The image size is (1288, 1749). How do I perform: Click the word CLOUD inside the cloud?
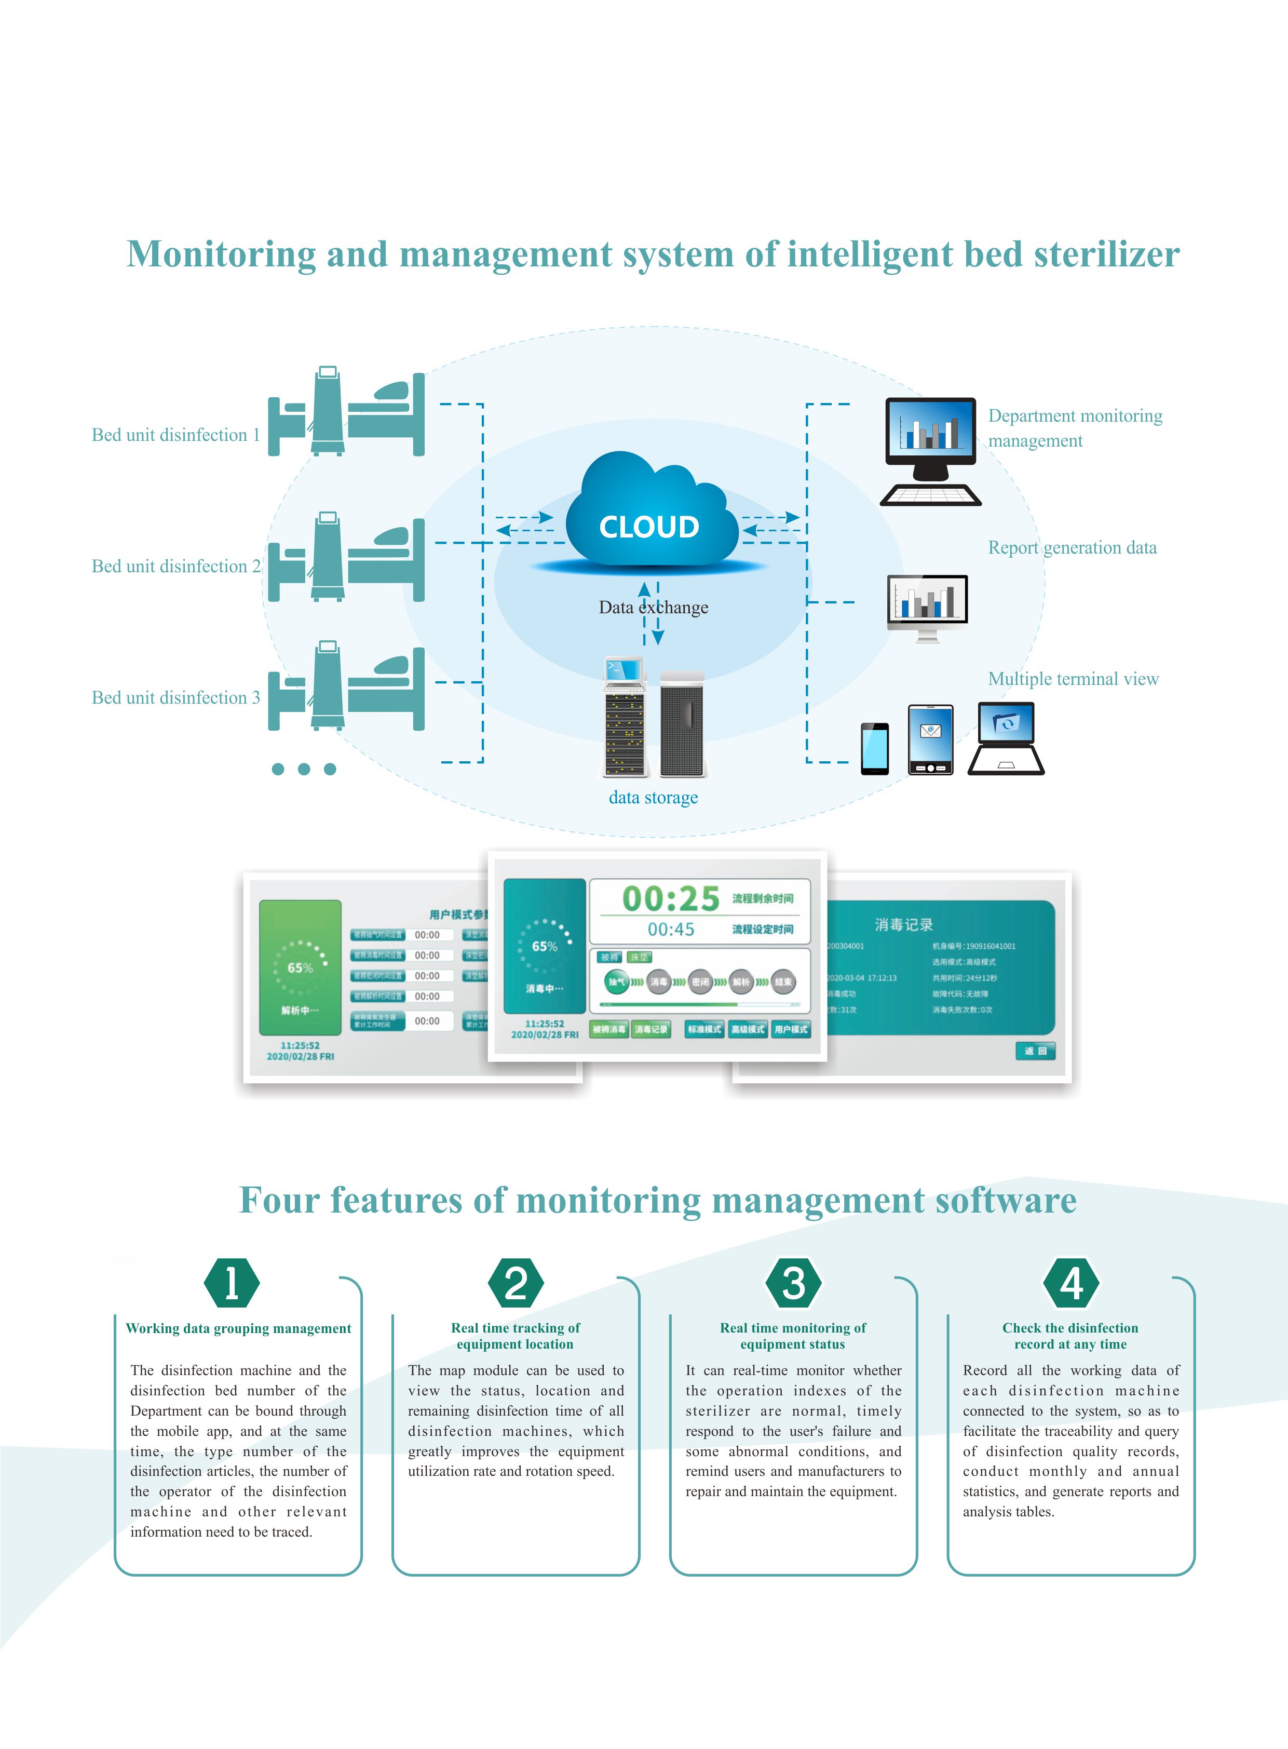click(649, 527)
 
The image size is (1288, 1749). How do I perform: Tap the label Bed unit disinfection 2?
click(176, 566)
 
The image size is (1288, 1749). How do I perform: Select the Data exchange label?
click(654, 608)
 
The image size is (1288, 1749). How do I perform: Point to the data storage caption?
click(654, 797)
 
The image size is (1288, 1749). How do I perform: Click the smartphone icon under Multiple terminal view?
click(874, 748)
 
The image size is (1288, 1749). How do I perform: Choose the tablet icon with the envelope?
click(930, 739)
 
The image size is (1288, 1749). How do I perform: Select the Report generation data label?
click(1072, 547)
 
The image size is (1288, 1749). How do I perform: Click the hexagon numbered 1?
click(232, 1283)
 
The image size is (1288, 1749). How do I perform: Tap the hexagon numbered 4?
click(1071, 1283)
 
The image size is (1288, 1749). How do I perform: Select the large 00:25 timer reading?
click(671, 898)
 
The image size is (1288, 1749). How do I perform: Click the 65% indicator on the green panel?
click(300, 967)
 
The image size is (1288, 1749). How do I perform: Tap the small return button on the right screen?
click(1035, 1051)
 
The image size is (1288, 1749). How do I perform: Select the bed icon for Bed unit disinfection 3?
click(346, 686)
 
